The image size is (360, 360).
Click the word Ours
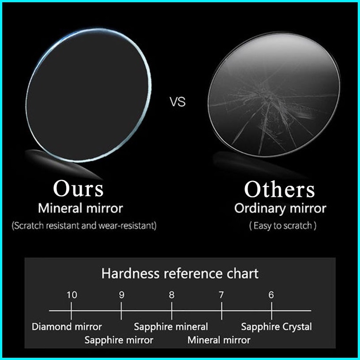pyautogui.click(x=79, y=188)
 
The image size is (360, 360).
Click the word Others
pyautogui.click(x=280, y=189)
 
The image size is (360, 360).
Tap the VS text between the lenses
pyautogui.click(x=177, y=102)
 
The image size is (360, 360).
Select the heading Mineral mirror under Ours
pyautogui.click(x=80, y=208)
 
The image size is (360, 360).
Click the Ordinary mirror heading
pyautogui.click(x=280, y=208)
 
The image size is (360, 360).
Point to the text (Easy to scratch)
pyautogui.click(x=283, y=226)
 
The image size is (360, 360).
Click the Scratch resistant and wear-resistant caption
pyautogui.click(x=84, y=225)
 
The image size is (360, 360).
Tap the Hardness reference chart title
pyautogui.click(x=180, y=273)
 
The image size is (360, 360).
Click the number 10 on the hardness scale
pyautogui.click(x=72, y=295)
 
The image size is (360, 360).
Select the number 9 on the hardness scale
pyautogui.click(x=122, y=295)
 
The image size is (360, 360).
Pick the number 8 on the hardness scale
pyautogui.click(x=172, y=295)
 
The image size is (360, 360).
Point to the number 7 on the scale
pyautogui.click(x=221, y=295)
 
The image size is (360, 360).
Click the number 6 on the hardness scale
pyautogui.click(x=271, y=295)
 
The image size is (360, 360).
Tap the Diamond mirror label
pyautogui.click(x=67, y=327)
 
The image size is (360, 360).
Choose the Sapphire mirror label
pyautogui.click(x=119, y=340)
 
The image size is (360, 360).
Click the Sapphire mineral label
pyautogui.click(x=171, y=327)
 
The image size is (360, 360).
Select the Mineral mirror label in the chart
pyautogui.click(x=219, y=340)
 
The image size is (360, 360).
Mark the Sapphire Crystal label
pyautogui.click(x=276, y=327)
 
